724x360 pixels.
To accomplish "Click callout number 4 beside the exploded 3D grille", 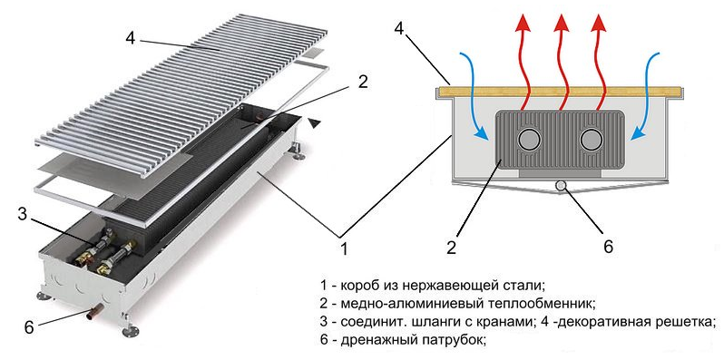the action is coord(132,38).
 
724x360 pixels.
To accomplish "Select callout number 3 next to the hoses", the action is coord(23,214).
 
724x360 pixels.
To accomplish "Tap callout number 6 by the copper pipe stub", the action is coord(29,326).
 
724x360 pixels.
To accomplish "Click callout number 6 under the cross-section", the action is coord(608,247).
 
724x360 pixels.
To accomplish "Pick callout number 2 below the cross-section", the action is coord(451,248).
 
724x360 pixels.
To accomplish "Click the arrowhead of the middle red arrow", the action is coord(562,22).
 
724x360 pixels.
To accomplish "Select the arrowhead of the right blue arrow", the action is coord(638,133).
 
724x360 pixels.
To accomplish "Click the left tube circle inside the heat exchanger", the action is coord(529,140).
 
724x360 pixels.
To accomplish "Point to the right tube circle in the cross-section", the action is coord(592,140).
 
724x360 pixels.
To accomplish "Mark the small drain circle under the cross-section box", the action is coord(561,186).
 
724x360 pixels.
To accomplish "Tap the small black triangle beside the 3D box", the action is coord(315,122).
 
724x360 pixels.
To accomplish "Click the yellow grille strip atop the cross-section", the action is coord(562,92).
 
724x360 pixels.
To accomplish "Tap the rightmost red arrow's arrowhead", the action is coord(599,22).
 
